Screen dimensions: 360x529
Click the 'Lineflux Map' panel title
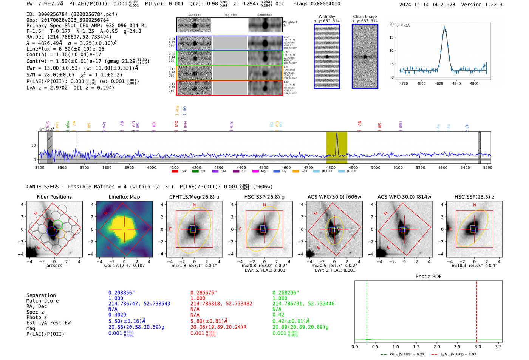click(x=124, y=197)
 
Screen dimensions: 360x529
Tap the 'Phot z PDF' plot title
click(x=428, y=277)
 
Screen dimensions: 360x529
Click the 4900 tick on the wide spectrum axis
click(x=353, y=167)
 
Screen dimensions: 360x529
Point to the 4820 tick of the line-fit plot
click(x=439, y=83)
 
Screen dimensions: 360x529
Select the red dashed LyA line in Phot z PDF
click(x=477, y=310)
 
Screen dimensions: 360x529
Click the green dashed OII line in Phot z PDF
click(x=367, y=310)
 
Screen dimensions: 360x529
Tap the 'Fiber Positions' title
click(x=54, y=197)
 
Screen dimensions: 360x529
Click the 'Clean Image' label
click(x=365, y=17)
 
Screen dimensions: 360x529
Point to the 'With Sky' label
click(x=326, y=17)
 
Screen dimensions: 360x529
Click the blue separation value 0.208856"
click(x=121, y=293)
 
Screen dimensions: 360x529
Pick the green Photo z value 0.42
click(x=278, y=315)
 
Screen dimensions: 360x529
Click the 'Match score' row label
click(x=42, y=301)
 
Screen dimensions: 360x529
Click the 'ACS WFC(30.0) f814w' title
click(x=404, y=197)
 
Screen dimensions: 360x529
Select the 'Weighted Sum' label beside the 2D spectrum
click(x=289, y=24)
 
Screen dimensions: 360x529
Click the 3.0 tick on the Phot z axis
click(x=478, y=346)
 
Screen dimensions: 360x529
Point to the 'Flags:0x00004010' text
click(x=317, y=4)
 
